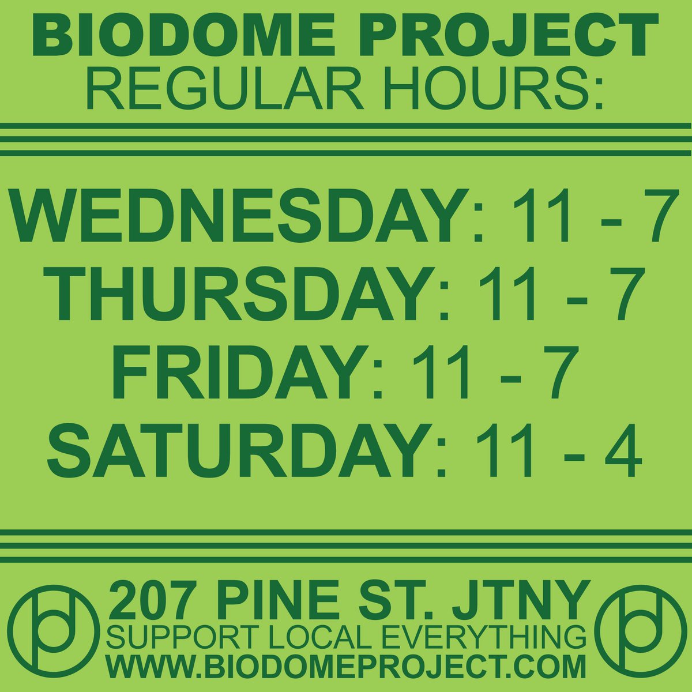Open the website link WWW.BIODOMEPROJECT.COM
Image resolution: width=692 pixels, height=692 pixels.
(346, 669)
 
